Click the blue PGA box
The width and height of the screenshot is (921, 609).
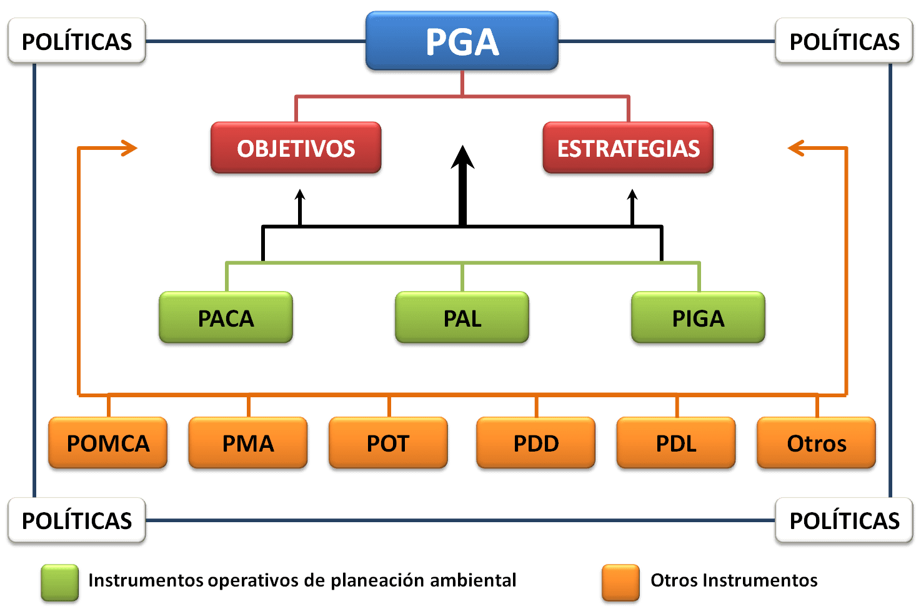(x=462, y=42)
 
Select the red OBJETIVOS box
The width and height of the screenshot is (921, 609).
(x=296, y=149)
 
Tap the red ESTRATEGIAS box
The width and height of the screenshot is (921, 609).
(x=628, y=149)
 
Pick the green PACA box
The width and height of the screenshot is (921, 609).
(x=226, y=319)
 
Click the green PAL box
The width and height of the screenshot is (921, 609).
(x=462, y=319)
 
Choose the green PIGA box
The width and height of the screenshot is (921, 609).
(x=698, y=319)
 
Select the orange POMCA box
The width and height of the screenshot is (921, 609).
(x=108, y=443)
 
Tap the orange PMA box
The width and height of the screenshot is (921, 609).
(x=248, y=443)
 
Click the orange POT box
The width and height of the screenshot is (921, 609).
(x=388, y=443)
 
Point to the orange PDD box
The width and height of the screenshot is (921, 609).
(x=536, y=443)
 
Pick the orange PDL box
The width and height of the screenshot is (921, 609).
(x=676, y=443)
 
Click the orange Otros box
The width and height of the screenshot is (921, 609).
(x=816, y=443)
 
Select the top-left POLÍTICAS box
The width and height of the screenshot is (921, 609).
(x=76, y=42)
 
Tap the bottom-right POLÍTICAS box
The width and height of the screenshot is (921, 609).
(x=844, y=520)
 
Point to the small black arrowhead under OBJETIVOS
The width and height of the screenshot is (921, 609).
(x=300, y=195)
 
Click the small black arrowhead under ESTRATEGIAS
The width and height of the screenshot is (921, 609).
(x=632, y=195)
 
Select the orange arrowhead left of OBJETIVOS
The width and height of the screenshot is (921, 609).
(x=129, y=148)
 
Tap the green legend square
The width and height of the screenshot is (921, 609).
(x=60, y=582)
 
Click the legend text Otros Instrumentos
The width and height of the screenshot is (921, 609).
(x=734, y=581)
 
